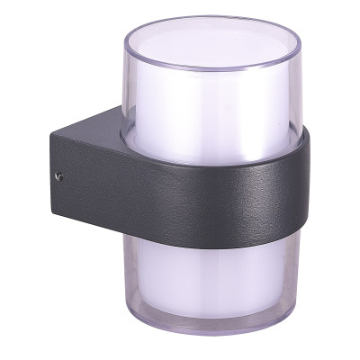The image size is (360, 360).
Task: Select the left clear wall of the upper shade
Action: [x=129, y=90]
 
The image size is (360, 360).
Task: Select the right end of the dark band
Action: [x=304, y=189]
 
